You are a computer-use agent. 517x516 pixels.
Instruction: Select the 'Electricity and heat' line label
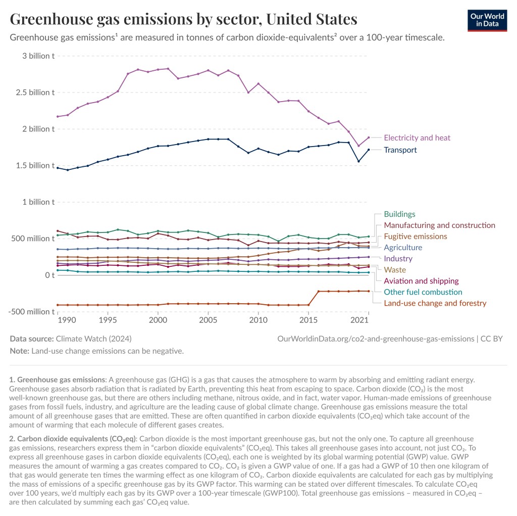point(417,137)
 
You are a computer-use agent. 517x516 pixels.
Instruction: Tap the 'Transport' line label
point(400,150)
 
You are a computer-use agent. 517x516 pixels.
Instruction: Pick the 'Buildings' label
point(399,214)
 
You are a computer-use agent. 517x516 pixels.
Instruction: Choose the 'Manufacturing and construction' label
point(439,225)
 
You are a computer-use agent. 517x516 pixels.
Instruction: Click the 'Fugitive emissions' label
point(416,237)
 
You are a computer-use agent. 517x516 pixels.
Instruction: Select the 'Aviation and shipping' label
point(421,281)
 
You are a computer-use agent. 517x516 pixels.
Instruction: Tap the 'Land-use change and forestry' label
point(435,303)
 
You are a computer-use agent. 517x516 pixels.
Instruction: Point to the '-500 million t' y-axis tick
point(31,312)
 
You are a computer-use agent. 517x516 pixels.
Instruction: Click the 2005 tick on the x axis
point(208,320)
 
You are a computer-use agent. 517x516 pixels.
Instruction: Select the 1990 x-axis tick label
point(68,320)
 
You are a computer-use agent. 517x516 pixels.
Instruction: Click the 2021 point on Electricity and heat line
point(369,137)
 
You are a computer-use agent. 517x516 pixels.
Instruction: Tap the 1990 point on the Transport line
point(68,170)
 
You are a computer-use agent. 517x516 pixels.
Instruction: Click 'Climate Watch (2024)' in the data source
point(94,339)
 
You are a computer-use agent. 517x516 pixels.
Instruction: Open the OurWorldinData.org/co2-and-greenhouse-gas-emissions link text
point(375,339)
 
